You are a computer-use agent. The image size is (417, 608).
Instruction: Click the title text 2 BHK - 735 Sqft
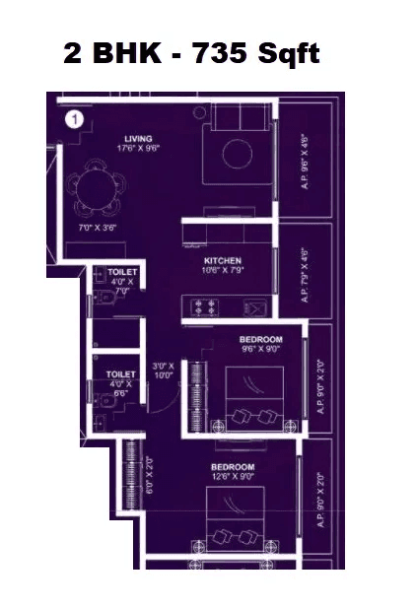191,54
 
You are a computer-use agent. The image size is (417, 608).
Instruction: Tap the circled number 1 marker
73,120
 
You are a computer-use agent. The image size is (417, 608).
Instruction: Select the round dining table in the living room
93,186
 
